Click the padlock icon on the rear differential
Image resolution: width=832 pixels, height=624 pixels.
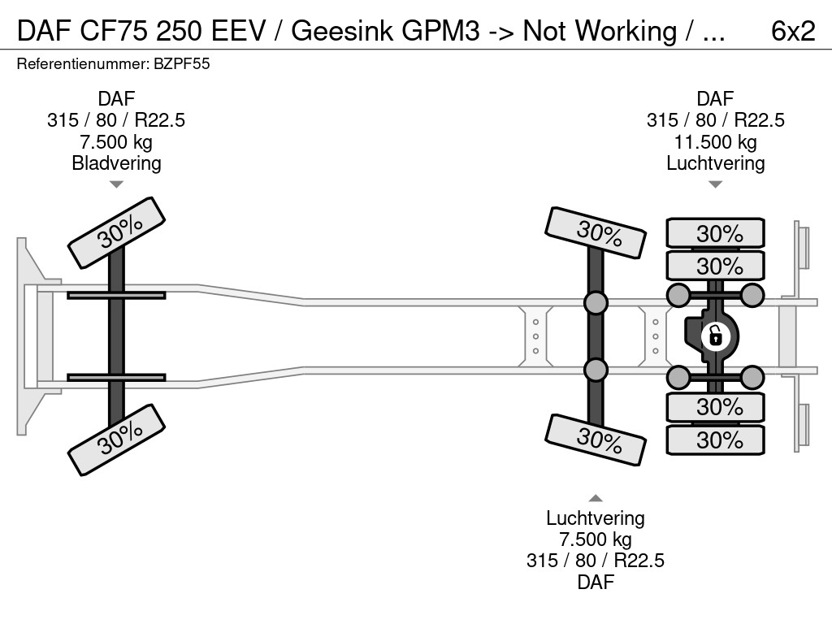(x=715, y=335)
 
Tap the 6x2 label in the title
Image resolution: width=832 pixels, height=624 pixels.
(x=792, y=31)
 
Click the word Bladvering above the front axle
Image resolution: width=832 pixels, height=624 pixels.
(x=116, y=163)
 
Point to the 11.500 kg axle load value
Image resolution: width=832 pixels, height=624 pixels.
(x=715, y=142)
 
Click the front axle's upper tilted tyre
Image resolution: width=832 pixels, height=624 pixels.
(x=116, y=232)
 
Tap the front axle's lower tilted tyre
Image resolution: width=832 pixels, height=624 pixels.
(x=116, y=439)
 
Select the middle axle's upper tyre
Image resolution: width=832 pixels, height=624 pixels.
(x=596, y=233)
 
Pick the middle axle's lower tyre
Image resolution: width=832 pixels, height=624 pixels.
(x=596, y=440)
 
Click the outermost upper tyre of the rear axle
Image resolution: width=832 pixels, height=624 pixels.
(x=715, y=233)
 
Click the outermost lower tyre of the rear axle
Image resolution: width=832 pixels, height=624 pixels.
(x=715, y=440)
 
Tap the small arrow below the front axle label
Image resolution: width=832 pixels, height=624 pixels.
(x=116, y=184)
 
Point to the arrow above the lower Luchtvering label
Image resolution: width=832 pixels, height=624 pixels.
(x=596, y=498)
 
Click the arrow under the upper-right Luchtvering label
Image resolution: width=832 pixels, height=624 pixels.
(x=715, y=184)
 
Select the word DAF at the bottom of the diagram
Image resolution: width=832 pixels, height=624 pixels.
(x=596, y=582)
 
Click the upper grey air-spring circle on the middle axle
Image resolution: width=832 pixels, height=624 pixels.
(x=596, y=303)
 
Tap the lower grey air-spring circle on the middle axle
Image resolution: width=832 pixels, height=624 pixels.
(x=596, y=370)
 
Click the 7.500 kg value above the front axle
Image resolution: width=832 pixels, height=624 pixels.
(x=116, y=142)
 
